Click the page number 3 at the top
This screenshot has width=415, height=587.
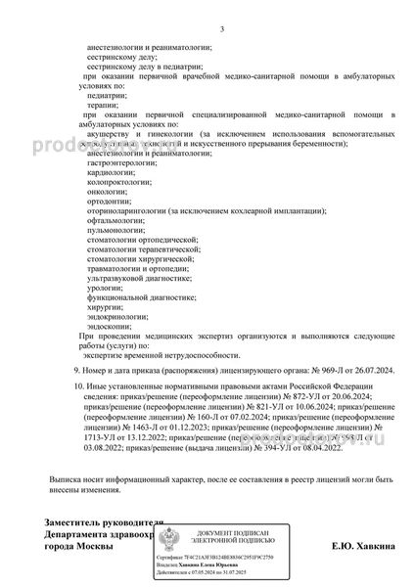[x=222, y=29]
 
